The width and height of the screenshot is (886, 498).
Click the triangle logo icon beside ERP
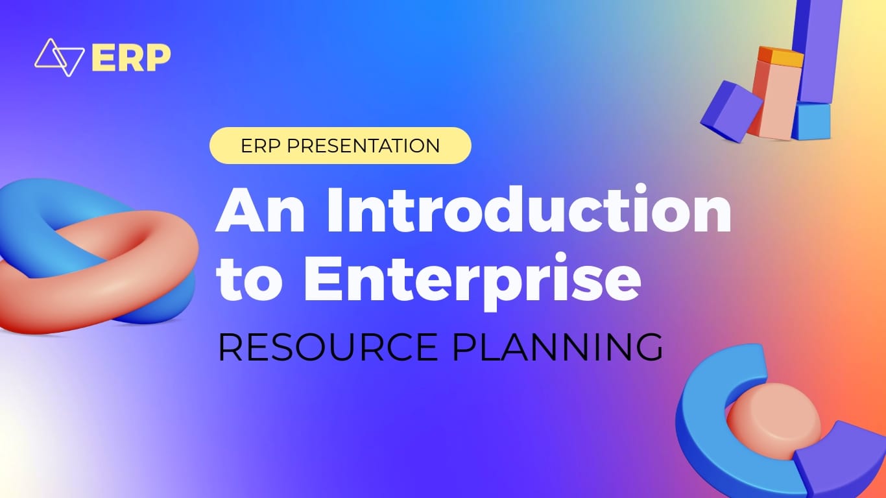click(x=59, y=57)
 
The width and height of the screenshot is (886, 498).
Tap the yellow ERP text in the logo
click(x=131, y=58)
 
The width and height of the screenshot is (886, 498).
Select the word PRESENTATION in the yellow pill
click(x=363, y=145)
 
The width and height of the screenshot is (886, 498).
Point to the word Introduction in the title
click(x=529, y=209)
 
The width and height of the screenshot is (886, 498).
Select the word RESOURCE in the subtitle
click(x=328, y=347)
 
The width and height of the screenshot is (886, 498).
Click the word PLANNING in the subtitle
click(x=557, y=347)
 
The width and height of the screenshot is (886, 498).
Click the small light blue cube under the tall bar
click(x=811, y=121)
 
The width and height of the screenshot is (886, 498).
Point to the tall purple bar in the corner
click(x=817, y=51)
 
